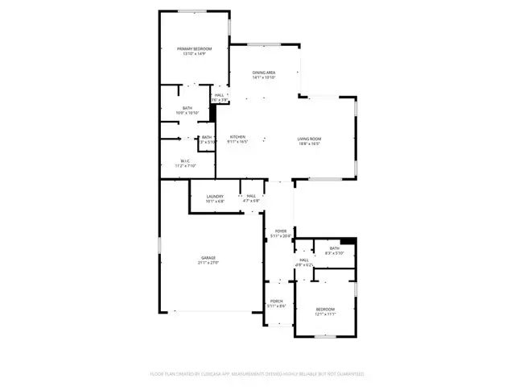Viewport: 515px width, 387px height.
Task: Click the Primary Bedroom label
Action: coord(194,49)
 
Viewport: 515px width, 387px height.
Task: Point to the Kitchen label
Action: coord(237,137)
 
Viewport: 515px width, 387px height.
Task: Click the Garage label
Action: coord(208,257)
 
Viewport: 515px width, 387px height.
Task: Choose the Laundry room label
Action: coord(215,196)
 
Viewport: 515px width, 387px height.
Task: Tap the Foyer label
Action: coord(280,231)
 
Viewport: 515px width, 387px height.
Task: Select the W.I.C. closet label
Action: coord(185,160)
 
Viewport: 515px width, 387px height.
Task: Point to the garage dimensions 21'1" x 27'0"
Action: coord(208,263)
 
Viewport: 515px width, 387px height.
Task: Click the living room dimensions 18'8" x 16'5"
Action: coord(310,144)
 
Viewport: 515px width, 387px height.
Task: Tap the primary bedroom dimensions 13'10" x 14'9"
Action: coord(194,54)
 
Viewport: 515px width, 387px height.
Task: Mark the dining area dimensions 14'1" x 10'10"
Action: coord(264,77)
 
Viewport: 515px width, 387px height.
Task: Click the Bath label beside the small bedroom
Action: coord(334,248)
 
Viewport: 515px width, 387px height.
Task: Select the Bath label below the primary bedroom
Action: coord(187,108)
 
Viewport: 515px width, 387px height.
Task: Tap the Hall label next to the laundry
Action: coord(251,196)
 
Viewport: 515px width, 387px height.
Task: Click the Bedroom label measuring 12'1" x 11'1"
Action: coord(324,309)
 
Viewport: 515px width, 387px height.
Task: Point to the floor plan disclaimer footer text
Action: coord(257,374)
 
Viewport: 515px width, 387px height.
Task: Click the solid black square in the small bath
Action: coord(347,239)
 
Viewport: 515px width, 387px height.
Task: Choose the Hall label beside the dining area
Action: coord(219,95)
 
